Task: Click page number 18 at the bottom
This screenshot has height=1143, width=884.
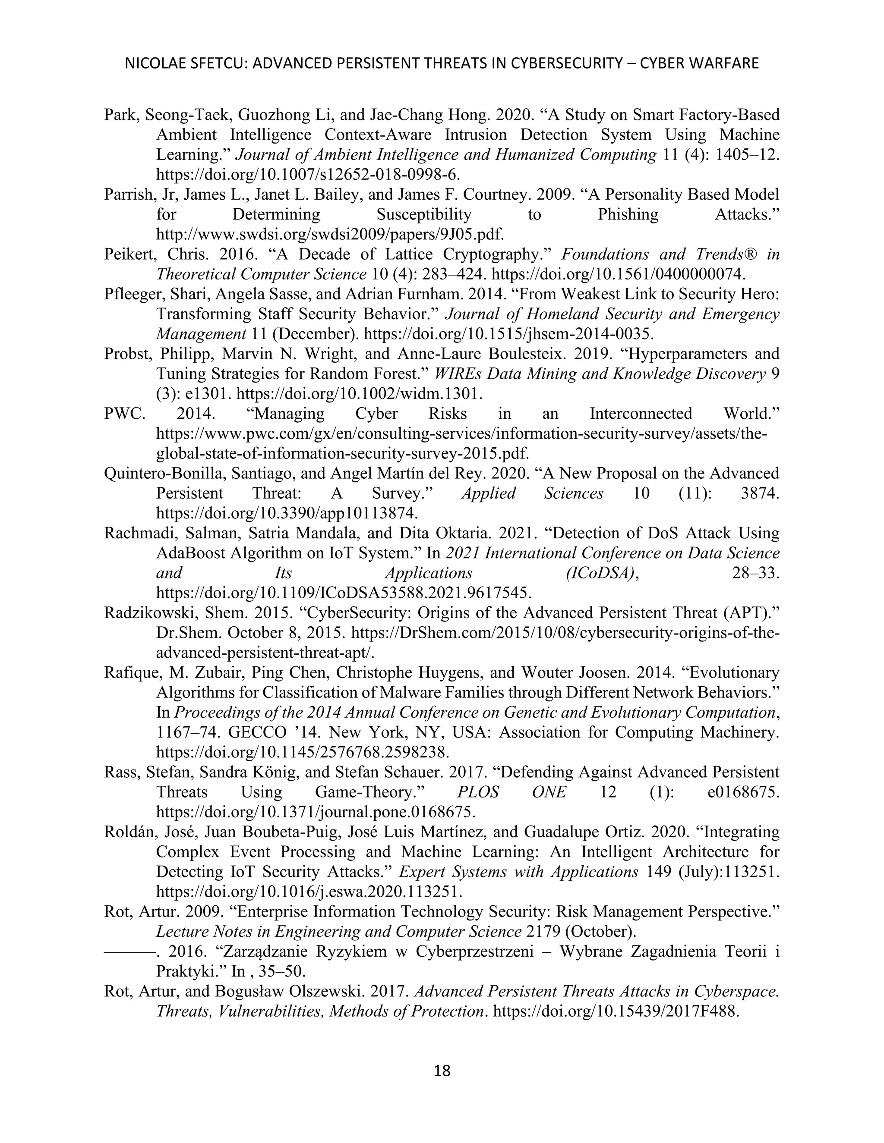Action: point(442,1071)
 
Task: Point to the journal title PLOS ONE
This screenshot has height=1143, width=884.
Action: point(511,792)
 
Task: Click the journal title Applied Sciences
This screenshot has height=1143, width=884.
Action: point(532,493)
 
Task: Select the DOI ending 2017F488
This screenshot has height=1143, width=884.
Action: point(616,1011)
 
